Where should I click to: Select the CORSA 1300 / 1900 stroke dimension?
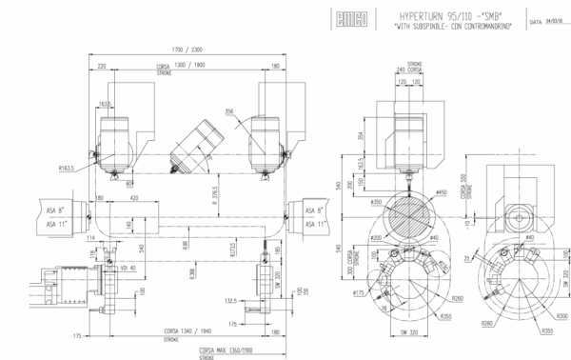click(x=188, y=66)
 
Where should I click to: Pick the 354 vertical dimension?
click(x=361, y=135)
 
